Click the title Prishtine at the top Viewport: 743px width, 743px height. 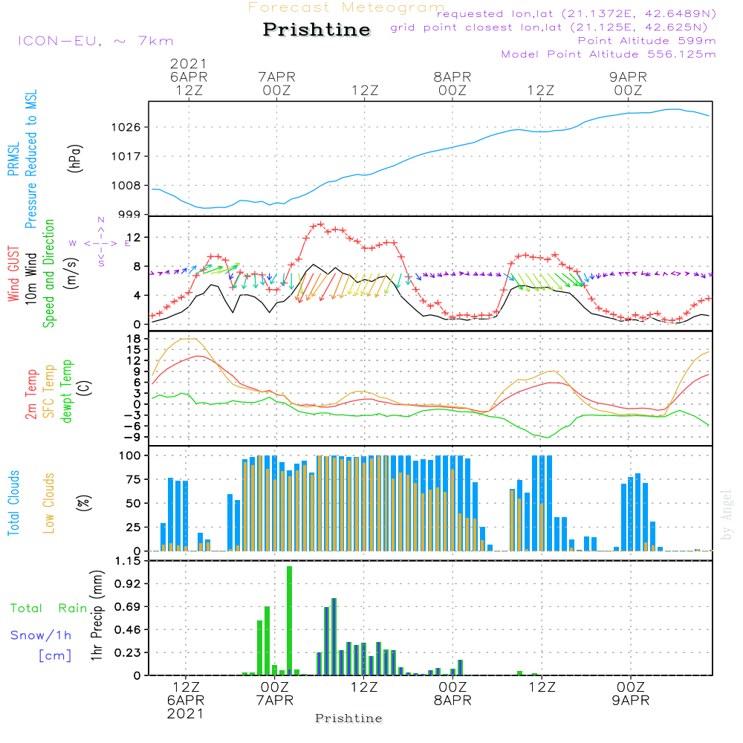click(317, 30)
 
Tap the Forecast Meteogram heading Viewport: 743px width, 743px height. click(346, 7)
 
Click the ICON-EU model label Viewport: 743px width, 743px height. click(96, 41)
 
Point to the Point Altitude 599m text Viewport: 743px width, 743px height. click(647, 41)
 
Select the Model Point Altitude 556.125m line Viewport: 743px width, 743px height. click(609, 54)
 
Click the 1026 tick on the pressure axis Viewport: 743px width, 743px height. click(126, 127)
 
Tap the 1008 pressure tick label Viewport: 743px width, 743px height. click(126, 185)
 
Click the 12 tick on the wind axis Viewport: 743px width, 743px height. click(134, 237)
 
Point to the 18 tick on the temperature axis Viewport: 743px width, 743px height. click(134, 338)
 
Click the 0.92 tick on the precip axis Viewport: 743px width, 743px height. click(128, 583)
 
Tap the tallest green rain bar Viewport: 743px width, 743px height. click(289, 620)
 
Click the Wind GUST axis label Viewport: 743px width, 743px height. click(13, 274)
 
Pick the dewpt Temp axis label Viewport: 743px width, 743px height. click(66, 391)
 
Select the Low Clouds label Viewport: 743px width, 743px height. click(48, 503)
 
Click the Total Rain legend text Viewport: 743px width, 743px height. click(49, 608)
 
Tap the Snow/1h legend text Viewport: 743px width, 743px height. click(41, 635)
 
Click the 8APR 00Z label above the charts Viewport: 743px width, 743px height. click(452, 83)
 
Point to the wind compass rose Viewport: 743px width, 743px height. click(100, 243)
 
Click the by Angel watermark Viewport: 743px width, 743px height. click(727, 515)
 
